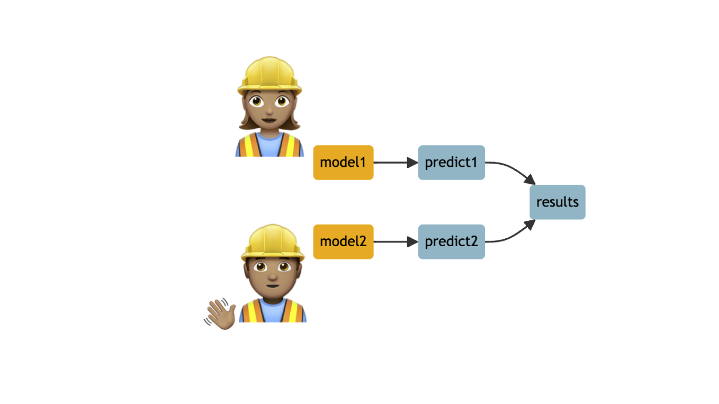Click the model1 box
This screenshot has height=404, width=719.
coord(343,163)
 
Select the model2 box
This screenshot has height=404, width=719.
coord(343,242)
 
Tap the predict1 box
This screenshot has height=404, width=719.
coord(451,163)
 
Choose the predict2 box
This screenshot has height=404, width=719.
coord(451,242)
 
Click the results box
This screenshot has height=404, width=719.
coord(557,202)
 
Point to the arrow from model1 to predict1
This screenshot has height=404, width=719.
coord(394,163)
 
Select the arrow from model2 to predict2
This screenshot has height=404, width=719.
coord(394,242)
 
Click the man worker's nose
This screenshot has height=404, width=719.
coord(272,276)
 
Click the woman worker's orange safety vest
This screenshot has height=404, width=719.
coord(247,146)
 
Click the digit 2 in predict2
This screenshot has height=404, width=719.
coord(474,242)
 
